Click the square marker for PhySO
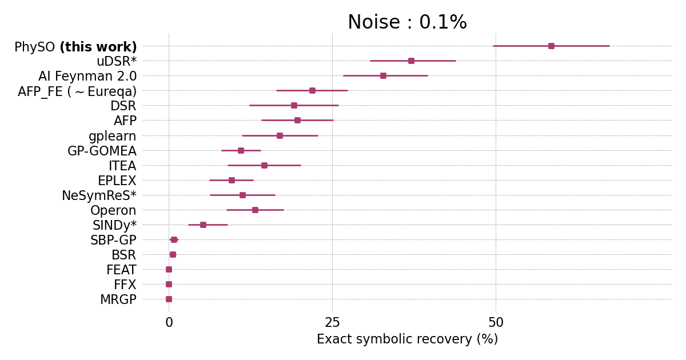click(x=551, y=46)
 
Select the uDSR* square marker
click(x=411, y=61)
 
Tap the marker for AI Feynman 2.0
click(x=383, y=75)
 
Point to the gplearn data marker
click(x=280, y=135)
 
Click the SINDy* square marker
click(x=203, y=225)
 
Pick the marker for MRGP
click(x=169, y=299)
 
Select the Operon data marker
click(x=255, y=210)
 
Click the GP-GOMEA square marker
click(x=241, y=150)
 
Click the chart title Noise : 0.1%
click(x=407, y=23)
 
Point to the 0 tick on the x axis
click(x=169, y=323)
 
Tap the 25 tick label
click(x=332, y=323)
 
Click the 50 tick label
click(x=496, y=323)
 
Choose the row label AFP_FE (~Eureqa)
click(x=77, y=91)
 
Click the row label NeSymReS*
click(x=99, y=196)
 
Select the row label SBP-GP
click(x=113, y=241)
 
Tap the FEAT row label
click(x=121, y=270)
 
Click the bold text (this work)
click(x=98, y=47)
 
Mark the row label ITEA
click(x=122, y=166)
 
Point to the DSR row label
click(x=123, y=106)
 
